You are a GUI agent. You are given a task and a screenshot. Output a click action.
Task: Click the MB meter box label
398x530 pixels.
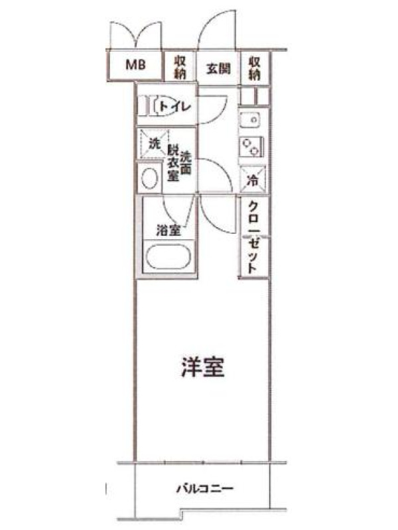point(136,64)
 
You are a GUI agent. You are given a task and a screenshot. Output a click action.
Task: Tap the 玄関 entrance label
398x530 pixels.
point(218,69)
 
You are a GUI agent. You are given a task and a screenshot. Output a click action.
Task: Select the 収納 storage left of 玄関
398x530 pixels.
point(180,68)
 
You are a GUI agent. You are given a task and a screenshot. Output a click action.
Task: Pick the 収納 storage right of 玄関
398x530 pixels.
point(255,68)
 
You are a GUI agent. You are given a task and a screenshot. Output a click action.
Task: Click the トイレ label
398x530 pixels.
point(175,107)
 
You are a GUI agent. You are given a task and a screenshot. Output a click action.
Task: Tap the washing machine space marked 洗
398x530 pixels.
point(155,144)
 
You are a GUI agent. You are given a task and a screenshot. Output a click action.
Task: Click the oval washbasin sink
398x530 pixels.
point(150,178)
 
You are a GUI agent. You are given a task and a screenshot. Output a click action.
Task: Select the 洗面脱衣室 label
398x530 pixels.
point(179,165)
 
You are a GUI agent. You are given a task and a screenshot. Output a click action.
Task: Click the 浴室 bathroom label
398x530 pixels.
point(168,231)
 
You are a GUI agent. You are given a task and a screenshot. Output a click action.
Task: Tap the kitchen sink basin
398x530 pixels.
point(250,120)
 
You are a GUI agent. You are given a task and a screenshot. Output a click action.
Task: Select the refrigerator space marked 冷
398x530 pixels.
point(253,180)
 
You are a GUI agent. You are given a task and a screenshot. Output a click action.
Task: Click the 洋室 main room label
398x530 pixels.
point(203,367)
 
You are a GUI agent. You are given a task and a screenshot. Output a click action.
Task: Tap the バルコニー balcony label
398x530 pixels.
point(205,489)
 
